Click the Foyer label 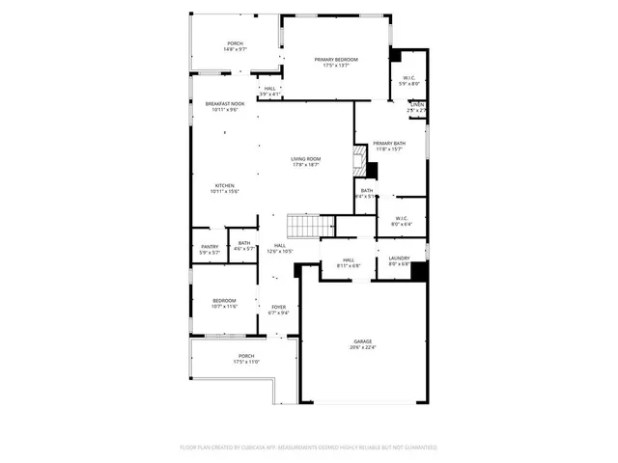278,310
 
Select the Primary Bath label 390,146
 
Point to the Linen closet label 416,107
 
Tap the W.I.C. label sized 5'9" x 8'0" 409,81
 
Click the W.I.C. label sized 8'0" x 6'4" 404,221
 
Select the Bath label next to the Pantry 244,245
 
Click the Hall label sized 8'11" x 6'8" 348,262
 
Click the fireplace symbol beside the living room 361,161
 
